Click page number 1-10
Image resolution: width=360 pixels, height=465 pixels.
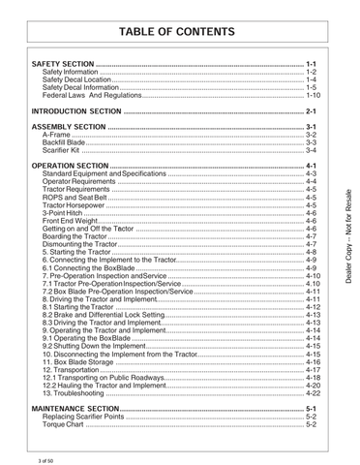(x=313, y=96)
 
